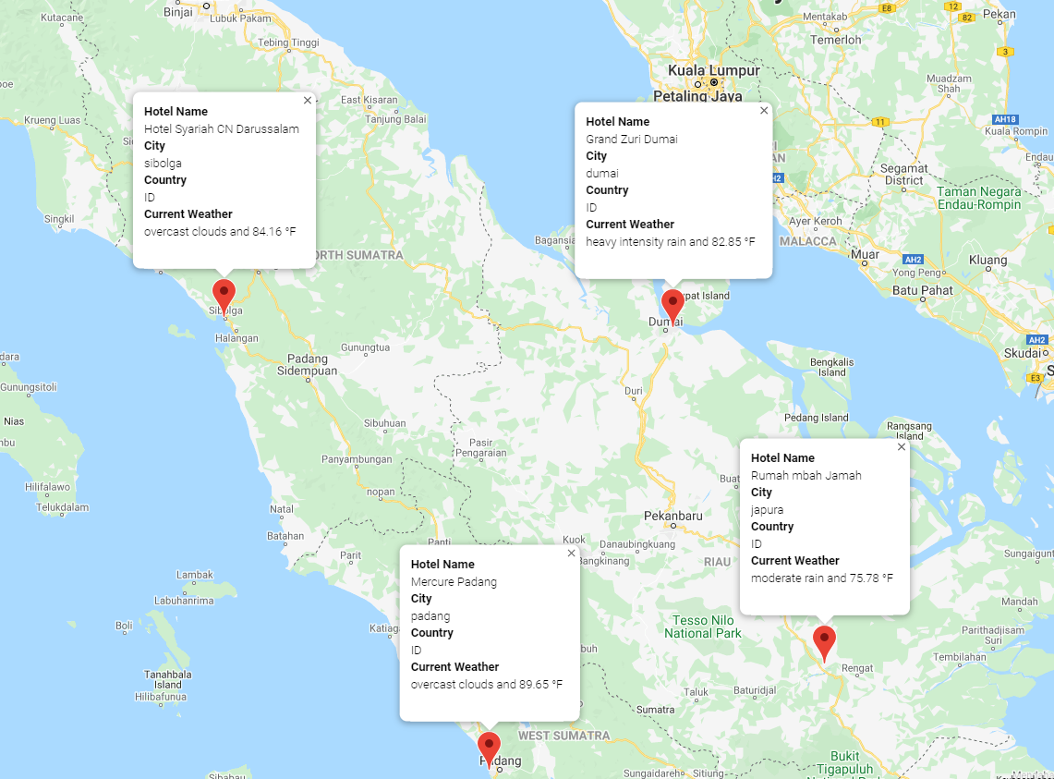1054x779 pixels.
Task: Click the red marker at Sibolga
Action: coord(224,295)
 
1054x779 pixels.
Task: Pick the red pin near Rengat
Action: coord(824,640)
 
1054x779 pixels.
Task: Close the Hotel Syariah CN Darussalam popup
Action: coord(308,100)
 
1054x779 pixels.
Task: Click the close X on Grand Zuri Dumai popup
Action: coord(764,110)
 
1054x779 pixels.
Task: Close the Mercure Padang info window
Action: coord(571,553)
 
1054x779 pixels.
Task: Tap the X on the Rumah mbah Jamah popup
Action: coord(902,446)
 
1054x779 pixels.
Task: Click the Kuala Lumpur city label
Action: coord(714,70)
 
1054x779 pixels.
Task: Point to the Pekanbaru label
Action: coord(673,516)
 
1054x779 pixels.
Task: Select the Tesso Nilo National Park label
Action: coord(703,627)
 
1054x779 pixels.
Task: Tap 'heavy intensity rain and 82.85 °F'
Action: coord(670,242)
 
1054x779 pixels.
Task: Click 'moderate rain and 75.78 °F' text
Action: coord(821,578)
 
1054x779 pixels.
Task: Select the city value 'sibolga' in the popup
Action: coord(163,164)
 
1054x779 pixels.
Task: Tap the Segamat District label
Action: coord(903,174)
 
